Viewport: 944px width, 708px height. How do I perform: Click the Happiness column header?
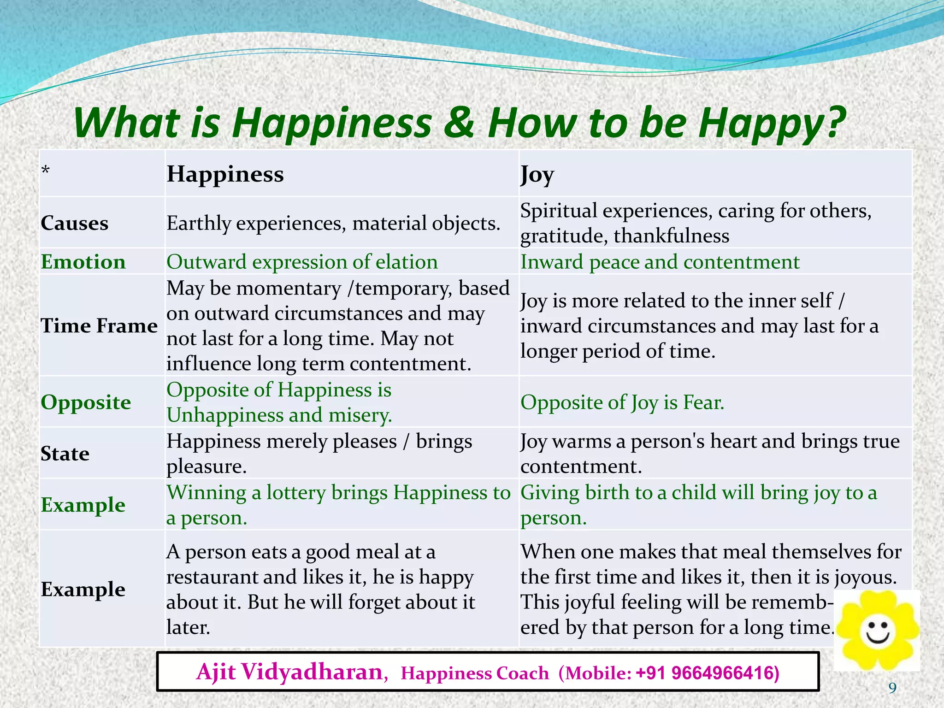coord(225,174)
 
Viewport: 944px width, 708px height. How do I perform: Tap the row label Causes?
coord(75,224)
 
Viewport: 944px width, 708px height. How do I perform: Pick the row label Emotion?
coord(83,262)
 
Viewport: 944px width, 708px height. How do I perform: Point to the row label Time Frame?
coord(99,326)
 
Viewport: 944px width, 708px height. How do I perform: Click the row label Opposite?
coord(86,402)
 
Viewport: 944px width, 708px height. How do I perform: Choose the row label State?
coord(65,454)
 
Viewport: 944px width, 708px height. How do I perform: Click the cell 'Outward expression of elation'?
coord(302,262)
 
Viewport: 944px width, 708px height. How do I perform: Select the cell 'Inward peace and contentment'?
coord(660,262)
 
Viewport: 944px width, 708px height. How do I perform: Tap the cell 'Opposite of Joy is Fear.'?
coord(622,402)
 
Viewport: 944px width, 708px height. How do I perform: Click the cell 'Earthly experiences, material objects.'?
coord(333,224)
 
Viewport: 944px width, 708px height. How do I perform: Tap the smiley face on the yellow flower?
coord(877,631)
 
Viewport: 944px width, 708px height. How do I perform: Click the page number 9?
coord(892,688)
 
